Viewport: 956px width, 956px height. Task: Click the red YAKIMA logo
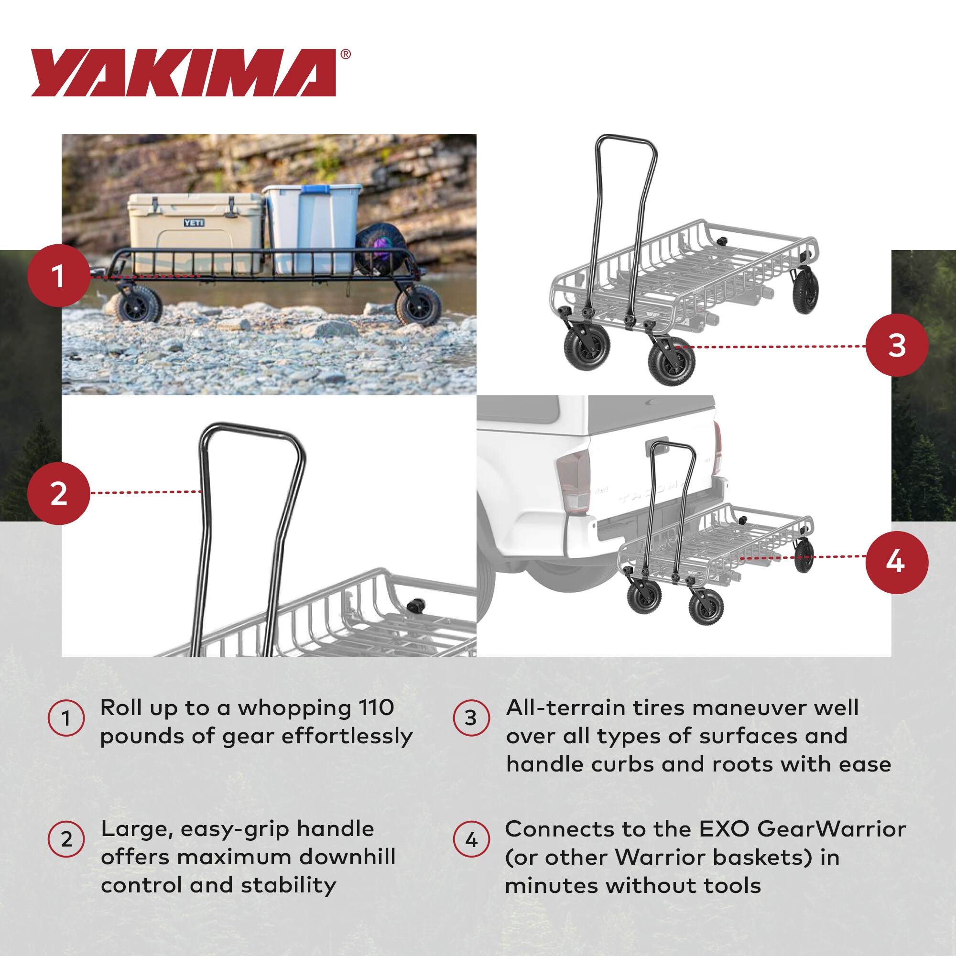[183, 72]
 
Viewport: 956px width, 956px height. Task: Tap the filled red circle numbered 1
[59, 275]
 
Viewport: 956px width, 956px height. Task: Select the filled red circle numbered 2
[59, 493]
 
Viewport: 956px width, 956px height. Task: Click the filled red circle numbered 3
[897, 345]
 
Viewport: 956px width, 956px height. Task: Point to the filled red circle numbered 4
[897, 562]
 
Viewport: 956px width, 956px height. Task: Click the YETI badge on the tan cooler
[194, 223]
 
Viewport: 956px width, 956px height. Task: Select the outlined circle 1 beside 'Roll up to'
[66, 718]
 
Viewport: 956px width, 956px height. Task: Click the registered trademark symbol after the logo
[346, 54]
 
